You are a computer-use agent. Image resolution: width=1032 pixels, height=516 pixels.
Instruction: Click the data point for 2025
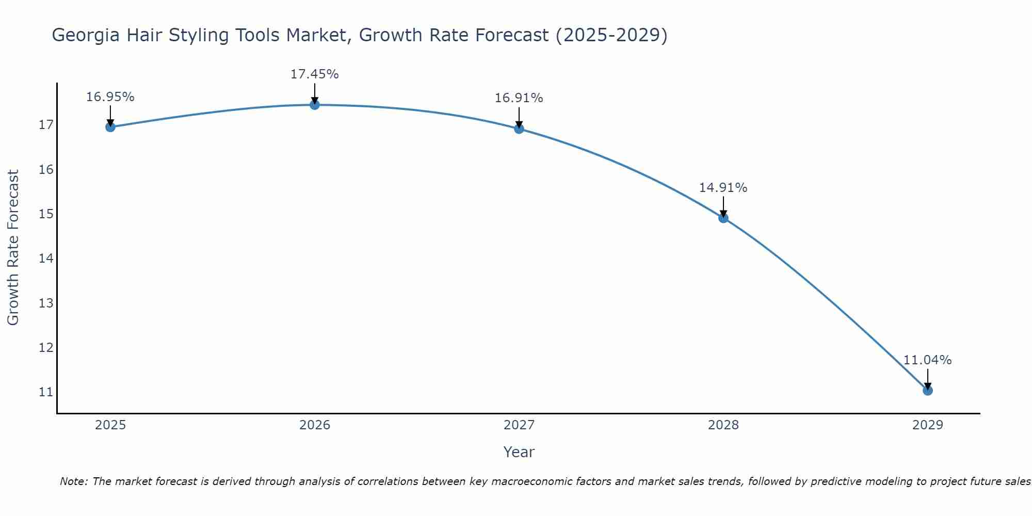[110, 127]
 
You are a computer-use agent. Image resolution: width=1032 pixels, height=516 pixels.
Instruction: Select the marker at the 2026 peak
[315, 105]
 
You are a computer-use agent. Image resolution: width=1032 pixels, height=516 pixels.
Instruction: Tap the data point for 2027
[519, 128]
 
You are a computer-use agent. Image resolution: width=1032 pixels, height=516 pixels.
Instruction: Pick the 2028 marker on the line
[723, 218]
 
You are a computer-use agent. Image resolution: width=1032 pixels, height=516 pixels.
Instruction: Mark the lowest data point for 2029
[928, 390]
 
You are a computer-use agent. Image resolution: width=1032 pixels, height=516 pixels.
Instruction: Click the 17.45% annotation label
[315, 74]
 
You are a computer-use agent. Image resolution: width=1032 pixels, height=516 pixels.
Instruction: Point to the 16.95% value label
[110, 97]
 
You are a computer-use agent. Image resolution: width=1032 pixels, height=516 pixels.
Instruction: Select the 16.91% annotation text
[519, 98]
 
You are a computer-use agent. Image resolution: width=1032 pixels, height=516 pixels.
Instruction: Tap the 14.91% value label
[723, 188]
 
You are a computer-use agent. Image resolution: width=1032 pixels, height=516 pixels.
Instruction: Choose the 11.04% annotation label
[928, 360]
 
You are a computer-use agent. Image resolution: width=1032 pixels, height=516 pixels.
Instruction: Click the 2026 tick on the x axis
[315, 425]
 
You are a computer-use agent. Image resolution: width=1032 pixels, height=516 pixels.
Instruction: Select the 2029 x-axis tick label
[928, 425]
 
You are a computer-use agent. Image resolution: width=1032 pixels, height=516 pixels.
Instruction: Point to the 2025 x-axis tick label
[110, 425]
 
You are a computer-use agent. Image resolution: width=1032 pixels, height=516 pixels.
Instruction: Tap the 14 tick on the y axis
[46, 259]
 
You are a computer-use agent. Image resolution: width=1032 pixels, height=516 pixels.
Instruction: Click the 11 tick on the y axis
[46, 392]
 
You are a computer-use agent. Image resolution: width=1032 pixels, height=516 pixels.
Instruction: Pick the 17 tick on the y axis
[46, 125]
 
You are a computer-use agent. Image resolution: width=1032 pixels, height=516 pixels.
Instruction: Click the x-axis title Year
[519, 452]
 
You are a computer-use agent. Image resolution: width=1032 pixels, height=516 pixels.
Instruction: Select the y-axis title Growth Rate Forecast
[13, 248]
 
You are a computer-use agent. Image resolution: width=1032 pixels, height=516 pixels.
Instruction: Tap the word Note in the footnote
[73, 481]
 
